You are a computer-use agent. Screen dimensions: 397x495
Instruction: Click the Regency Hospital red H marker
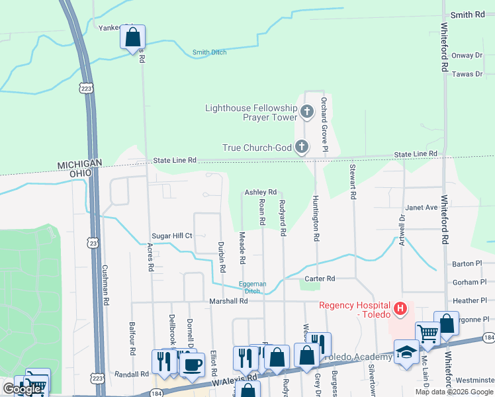point(400,308)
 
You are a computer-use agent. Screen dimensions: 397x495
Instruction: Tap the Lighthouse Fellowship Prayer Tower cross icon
point(306,112)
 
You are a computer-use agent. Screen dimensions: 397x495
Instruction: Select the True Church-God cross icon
point(301,147)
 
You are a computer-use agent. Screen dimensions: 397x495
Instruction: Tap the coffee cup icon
point(192,364)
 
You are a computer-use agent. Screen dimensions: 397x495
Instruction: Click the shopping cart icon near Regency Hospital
point(427,333)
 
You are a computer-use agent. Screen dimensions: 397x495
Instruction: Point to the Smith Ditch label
point(209,52)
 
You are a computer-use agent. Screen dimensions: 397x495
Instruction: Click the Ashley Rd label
point(260,192)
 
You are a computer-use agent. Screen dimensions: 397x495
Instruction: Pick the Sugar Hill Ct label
point(171,236)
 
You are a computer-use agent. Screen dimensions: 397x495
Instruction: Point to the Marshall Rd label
point(228,301)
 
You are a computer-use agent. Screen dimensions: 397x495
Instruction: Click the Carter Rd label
point(321,279)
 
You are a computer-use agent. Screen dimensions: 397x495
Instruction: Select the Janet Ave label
point(421,207)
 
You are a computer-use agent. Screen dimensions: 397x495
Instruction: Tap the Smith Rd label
point(467,15)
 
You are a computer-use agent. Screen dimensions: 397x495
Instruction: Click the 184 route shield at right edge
point(488,338)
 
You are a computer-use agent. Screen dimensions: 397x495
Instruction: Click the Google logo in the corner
point(22,390)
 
